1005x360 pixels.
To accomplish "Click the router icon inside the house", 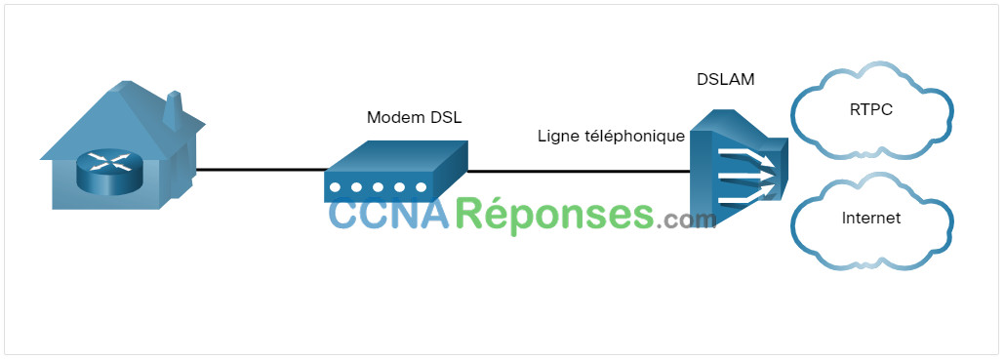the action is (x=107, y=170).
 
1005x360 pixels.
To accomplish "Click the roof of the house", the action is (x=122, y=119).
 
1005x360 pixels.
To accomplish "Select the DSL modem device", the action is (x=395, y=171).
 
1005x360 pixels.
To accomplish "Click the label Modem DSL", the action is (x=414, y=118).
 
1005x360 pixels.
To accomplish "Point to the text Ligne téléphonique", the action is (x=611, y=137).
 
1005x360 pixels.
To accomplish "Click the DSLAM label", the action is (x=726, y=80).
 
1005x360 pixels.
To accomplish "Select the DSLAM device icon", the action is (x=738, y=167).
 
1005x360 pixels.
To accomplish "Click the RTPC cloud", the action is (x=871, y=110).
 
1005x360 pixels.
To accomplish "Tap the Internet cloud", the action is (x=871, y=220).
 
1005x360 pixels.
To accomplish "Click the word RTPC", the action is (x=871, y=109).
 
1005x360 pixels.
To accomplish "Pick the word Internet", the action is (x=871, y=219).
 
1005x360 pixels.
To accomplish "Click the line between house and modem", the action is (x=261, y=170).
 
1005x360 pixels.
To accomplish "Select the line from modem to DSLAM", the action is (x=579, y=171).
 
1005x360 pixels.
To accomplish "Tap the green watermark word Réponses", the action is (x=555, y=216).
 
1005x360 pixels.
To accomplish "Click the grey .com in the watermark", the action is (x=686, y=220).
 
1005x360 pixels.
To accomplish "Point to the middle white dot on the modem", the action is (x=379, y=187).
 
